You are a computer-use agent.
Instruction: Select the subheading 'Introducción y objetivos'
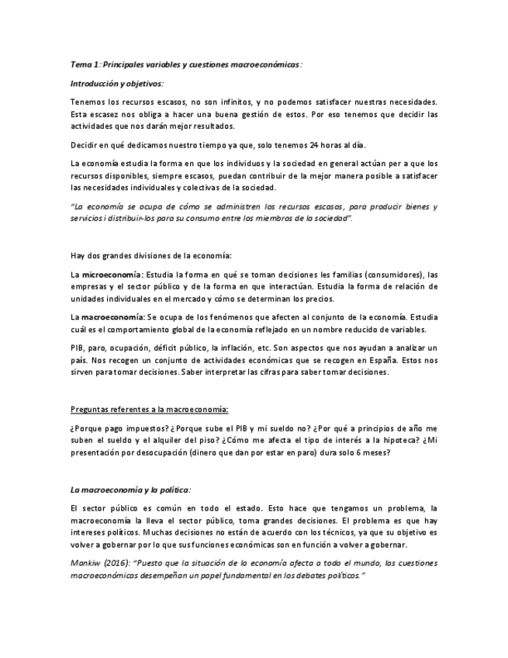point(116,83)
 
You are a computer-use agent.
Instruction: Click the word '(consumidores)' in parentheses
point(388,275)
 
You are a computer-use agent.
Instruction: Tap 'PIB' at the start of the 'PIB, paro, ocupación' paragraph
point(78,348)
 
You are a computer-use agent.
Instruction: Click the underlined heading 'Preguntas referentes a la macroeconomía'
point(149,409)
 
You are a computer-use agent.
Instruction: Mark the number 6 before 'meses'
point(358,453)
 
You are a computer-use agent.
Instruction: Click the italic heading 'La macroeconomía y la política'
point(130,490)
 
